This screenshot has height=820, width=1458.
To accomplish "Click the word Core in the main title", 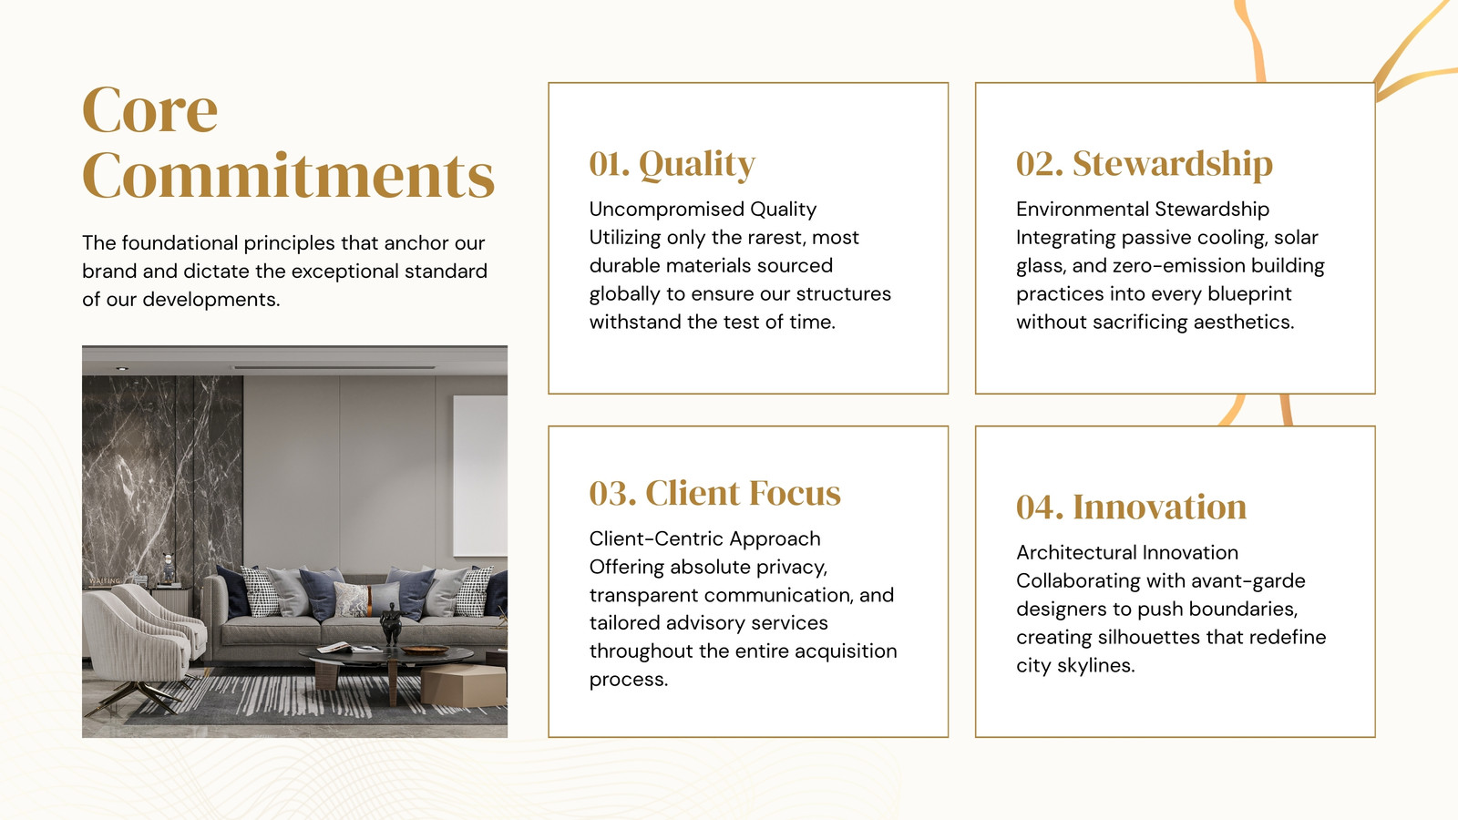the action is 149,109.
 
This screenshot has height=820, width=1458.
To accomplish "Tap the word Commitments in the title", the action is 288,175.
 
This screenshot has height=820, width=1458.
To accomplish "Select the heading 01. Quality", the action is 673,163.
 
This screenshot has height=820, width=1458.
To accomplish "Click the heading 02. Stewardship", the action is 1145,163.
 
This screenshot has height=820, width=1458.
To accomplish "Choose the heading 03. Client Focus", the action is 714,493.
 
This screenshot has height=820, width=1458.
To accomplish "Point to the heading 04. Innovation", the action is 1131,507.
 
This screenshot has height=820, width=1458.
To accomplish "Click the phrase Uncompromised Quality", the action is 703,209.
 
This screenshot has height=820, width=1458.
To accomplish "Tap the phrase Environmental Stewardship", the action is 1143,209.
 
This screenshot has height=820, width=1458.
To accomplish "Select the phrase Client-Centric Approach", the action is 705,538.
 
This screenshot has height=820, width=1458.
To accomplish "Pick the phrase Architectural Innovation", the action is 1127,552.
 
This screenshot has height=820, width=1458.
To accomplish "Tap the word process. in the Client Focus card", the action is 629,680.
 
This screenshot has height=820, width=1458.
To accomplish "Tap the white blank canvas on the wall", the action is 480,476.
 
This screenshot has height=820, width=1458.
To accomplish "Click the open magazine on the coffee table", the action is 349,648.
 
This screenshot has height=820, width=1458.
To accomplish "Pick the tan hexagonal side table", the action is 464,685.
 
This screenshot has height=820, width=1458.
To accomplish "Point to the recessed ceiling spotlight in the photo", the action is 122,368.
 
